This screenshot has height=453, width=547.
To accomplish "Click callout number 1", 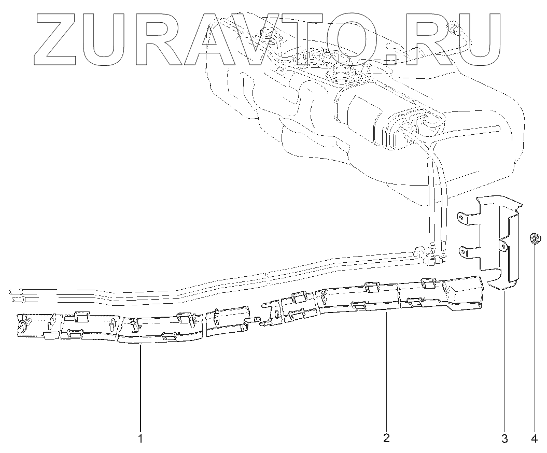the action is (140, 438).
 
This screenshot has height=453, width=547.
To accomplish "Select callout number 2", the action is (386, 438).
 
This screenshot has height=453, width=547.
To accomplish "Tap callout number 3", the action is (504, 438).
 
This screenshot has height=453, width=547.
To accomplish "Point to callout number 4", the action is (535, 438).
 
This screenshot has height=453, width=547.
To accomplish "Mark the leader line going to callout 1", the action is (140, 389).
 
